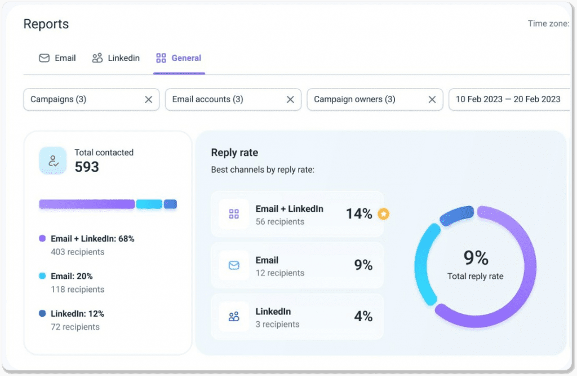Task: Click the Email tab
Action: coord(57,58)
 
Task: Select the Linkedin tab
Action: coord(116,58)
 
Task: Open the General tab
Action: coord(179,58)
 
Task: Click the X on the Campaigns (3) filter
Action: coord(148,99)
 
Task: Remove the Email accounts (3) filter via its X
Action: coord(290,99)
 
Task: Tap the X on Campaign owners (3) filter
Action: coord(432,99)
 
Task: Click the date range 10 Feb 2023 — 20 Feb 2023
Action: coord(508,99)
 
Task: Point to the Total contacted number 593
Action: coord(87,167)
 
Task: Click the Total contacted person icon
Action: coord(53,161)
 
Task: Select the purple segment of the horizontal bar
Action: coord(87,204)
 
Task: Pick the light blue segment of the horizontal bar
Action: coord(149,204)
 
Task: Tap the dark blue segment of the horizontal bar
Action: coord(170,204)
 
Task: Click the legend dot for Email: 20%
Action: coord(42,276)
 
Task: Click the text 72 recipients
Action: coord(75,327)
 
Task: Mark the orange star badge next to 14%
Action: coord(383,214)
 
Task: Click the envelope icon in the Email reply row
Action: coord(234,265)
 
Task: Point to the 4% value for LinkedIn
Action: coord(363,317)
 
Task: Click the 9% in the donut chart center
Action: coord(476,258)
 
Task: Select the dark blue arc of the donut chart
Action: coord(456,215)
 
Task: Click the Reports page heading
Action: coord(46,24)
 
